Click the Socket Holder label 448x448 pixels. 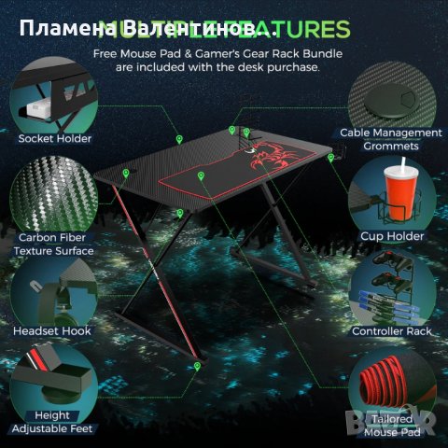pyautogui.click(x=55, y=138)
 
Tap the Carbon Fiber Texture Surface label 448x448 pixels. pyautogui.click(x=55, y=244)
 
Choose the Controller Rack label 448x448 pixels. pyautogui.click(x=392, y=330)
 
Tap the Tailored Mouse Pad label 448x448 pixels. pyautogui.click(x=392, y=426)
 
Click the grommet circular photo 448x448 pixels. pyautogui.click(x=393, y=88)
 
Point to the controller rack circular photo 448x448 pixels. pyautogui.click(x=393, y=285)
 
